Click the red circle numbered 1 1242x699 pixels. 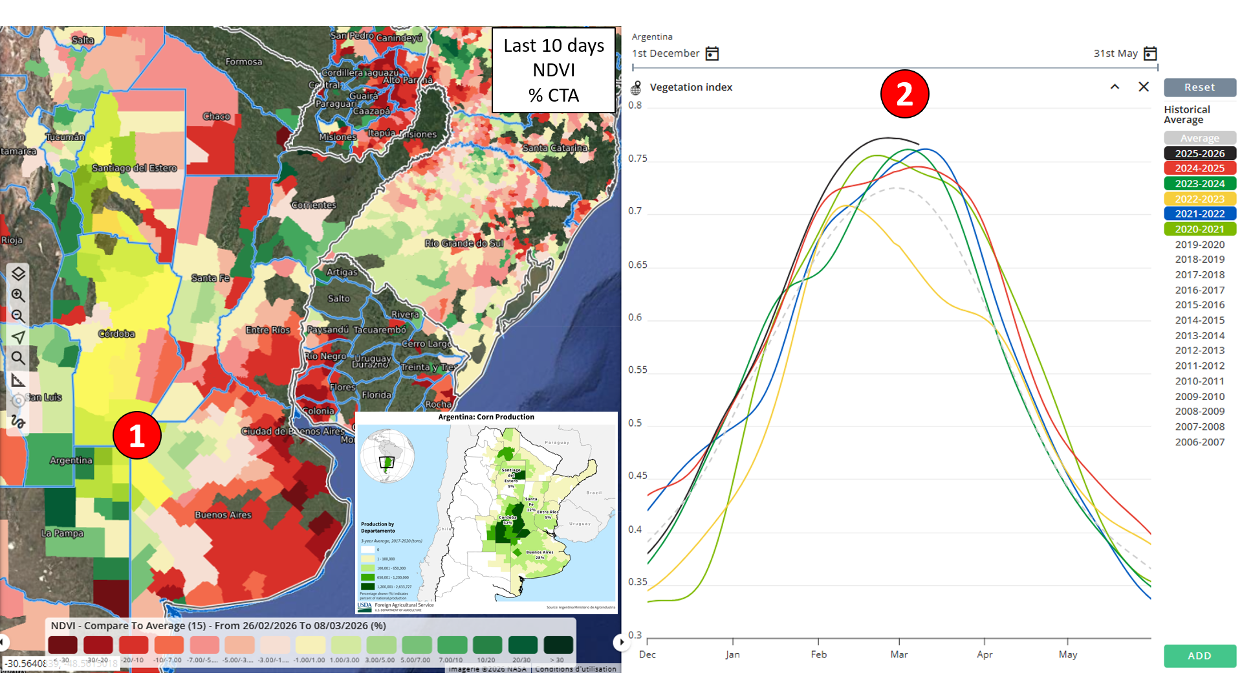(136, 436)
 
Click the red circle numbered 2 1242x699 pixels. (904, 94)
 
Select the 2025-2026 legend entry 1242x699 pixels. (1199, 153)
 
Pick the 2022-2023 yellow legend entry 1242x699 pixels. (1199, 199)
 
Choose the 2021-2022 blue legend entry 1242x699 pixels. (1199, 214)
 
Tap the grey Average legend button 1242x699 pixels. (1199, 138)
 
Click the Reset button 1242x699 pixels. (1199, 87)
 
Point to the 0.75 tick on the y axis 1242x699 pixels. (637, 159)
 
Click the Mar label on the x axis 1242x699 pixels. (899, 654)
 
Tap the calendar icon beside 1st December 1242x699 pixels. (712, 54)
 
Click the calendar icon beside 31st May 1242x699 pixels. (1150, 54)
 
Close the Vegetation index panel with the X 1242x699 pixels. (1144, 87)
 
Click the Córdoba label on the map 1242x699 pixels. (116, 334)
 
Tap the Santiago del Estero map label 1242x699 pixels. (134, 168)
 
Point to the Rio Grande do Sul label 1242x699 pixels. (464, 243)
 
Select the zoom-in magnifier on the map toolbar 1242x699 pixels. (18, 296)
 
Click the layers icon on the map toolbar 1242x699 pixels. (18, 274)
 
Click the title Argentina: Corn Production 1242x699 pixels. (486, 417)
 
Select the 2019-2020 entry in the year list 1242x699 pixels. (1199, 245)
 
